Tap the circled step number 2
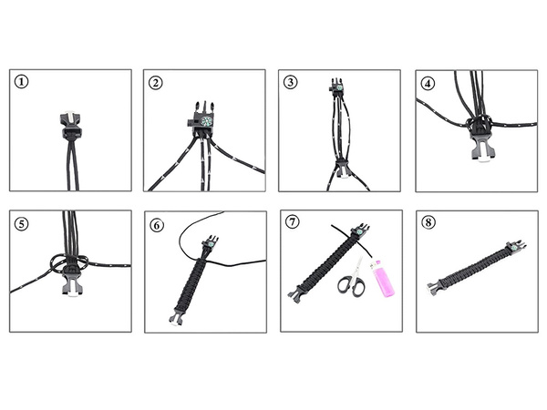157,81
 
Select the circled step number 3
291,81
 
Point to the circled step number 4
428,81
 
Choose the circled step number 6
157,222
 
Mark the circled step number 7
291,222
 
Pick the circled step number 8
428,222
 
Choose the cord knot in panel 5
68,263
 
